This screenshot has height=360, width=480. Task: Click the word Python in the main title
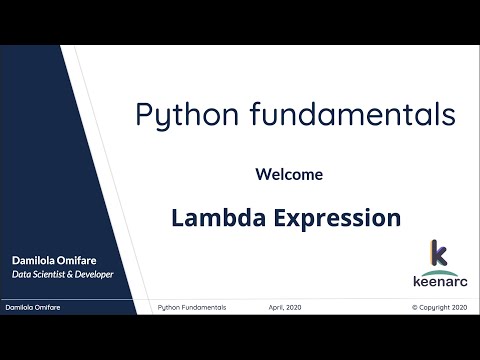pos(181,115)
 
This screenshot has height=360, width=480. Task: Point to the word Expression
pos(334,217)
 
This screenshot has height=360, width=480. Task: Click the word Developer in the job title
pos(92,274)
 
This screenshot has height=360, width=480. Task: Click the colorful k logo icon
pos(437,254)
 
